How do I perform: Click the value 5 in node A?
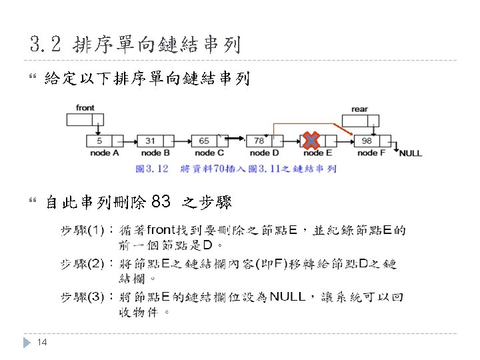pos(99,141)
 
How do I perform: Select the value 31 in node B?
pos(150,141)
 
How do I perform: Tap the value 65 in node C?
pos(203,141)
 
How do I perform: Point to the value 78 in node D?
pos(258,141)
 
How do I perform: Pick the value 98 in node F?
pos(366,141)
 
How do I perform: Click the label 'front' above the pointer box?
pos(85,107)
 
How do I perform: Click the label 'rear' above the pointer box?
pos(359,109)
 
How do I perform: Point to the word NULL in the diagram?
pos(411,154)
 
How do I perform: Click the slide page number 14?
pos(41,343)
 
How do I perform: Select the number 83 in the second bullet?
pos(161,201)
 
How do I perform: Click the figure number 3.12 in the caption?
pos(157,169)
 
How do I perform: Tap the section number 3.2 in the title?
pos(47,45)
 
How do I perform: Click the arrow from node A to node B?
pos(129,141)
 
